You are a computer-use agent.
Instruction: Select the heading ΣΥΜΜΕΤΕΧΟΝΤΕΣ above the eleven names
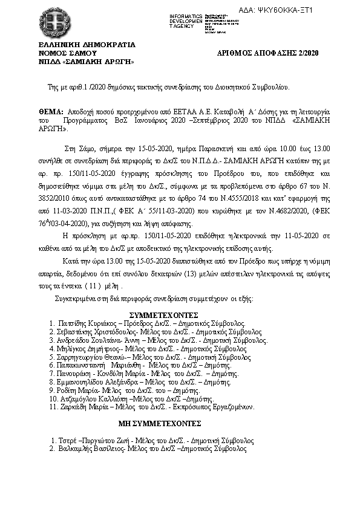164,315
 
